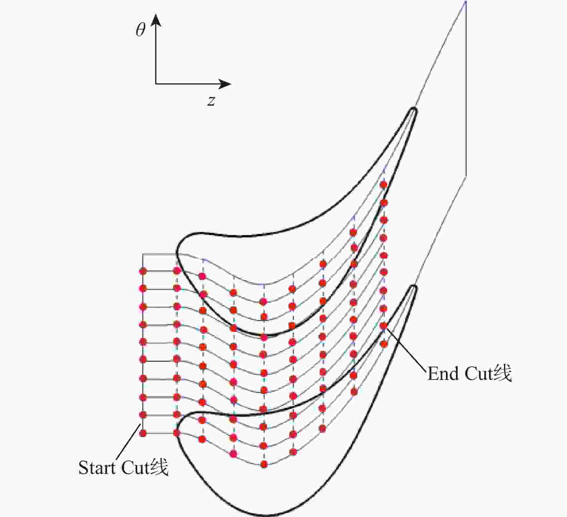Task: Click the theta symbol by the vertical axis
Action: click(x=141, y=29)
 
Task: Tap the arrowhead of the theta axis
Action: click(x=156, y=20)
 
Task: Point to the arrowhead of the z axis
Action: click(x=225, y=84)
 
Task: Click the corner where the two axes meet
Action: click(x=156, y=84)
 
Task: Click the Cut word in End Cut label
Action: click(x=479, y=374)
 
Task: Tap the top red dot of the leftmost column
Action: click(x=143, y=271)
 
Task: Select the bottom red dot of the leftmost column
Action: click(x=143, y=433)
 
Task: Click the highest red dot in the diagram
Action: click(x=383, y=185)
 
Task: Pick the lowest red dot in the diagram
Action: click(x=264, y=464)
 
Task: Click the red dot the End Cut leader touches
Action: click(x=383, y=326)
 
